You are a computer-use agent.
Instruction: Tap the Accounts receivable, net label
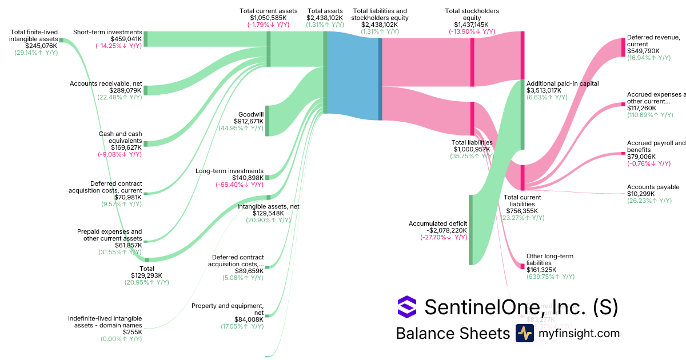click(x=106, y=83)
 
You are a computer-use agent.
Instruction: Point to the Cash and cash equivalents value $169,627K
click(x=126, y=147)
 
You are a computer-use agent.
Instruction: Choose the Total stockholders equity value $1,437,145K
click(x=472, y=25)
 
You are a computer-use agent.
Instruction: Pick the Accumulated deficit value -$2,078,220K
click(x=443, y=230)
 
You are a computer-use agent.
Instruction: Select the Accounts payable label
click(x=653, y=187)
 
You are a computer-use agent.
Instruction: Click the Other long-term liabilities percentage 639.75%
click(x=550, y=277)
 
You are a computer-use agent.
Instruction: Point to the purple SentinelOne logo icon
click(x=407, y=306)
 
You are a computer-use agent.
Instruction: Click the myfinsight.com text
click(x=579, y=333)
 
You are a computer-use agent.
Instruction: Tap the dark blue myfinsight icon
click(x=524, y=333)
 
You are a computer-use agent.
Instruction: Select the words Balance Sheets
click(x=452, y=334)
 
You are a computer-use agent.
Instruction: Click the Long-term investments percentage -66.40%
click(x=239, y=185)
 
